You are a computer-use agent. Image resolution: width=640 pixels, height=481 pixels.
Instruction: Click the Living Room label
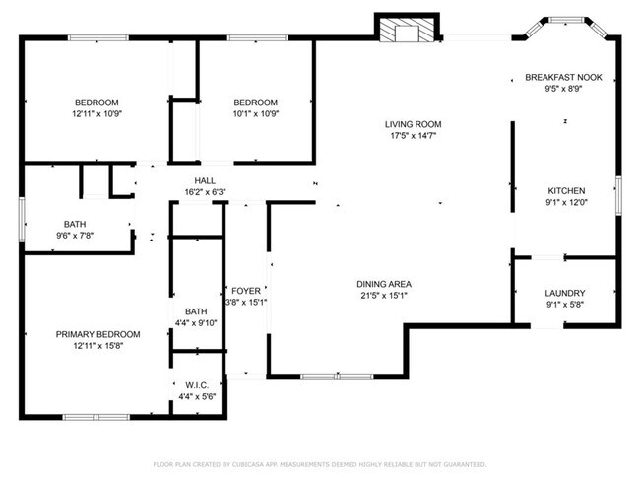pyautogui.click(x=413, y=124)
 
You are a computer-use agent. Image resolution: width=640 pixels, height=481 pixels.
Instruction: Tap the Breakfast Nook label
pyautogui.click(x=563, y=77)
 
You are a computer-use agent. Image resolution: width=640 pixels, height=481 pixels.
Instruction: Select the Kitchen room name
pyautogui.click(x=566, y=190)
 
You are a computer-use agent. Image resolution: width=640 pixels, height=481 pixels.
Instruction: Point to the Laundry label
pyautogui.click(x=565, y=293)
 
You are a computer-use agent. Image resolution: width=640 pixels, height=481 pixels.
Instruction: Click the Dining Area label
pyautogui.click(x=382, y=283)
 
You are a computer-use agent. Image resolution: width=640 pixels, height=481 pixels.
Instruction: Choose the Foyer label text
pyautogui.click(x=245, y=291)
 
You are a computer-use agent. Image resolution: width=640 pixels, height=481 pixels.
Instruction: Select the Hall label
pyautogui.click(x=205, y=180)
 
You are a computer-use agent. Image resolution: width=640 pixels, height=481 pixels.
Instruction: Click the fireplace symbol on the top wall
pyautogui.click(x=404, y=31)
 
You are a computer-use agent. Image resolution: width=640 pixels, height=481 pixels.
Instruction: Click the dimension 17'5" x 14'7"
pyautogui.click(x=413, y=136)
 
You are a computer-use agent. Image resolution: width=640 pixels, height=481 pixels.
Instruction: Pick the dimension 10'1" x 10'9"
pyautogui.click(x=255, y=113)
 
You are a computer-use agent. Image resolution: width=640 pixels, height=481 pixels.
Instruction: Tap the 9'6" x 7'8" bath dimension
pyautogui.click(x=75, y=235)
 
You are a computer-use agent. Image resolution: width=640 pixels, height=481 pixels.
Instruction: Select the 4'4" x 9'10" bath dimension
pyautogui.click(x=196, y=322)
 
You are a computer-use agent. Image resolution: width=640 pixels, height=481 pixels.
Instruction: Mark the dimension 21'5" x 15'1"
pyautogui.click(x=382, y=295)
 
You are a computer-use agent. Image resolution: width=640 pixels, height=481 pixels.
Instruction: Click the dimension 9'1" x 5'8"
pyautogui.click(x=565, y=305)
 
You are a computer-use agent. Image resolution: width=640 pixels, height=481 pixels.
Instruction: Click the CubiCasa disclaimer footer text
pyautogui.click(x=319, y=463)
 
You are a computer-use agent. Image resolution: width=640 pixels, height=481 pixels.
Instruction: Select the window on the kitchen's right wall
pyautogui.click(x=617, y=193)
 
